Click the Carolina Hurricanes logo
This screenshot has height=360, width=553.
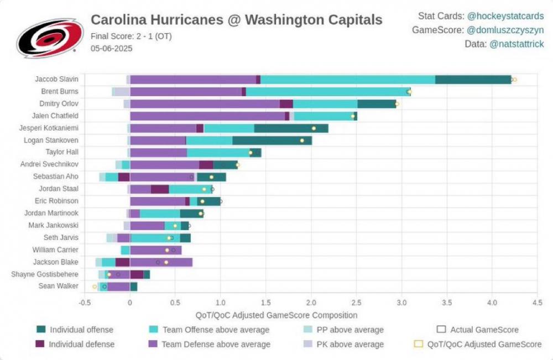pyautogui.click(x=50, y=38)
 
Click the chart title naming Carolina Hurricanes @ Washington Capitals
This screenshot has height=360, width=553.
pyautogui.click(x=236, y=20)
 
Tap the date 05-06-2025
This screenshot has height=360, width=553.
pyautogui.click(x=112, y=48)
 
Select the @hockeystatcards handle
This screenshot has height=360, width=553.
pyautogui.click(x=505, y=17)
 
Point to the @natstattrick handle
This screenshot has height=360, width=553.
pyautogui.click(x=517, y=44)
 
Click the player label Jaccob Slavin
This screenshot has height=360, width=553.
pyautogui.click(x=56, y=80)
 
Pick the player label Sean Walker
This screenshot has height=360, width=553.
pyautogui.click(x=58, y=286)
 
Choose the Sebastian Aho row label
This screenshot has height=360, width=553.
pyautogui.click(x=56, y=177)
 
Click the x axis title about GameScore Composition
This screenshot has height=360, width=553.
pyautogui.click(x=276, y=315)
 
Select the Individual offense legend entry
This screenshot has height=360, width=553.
pyautogui.click(x=81, y=330)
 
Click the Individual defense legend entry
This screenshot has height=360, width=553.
pyautogui.click(x=82, y=344)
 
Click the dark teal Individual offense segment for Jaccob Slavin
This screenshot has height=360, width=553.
pyautogui.click(x=473, y=80)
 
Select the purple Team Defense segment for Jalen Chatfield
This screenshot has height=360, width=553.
pyautogui.click(x=207, y=116)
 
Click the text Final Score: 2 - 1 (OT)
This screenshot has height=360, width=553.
pyautogui.click(x=131, y=37)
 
